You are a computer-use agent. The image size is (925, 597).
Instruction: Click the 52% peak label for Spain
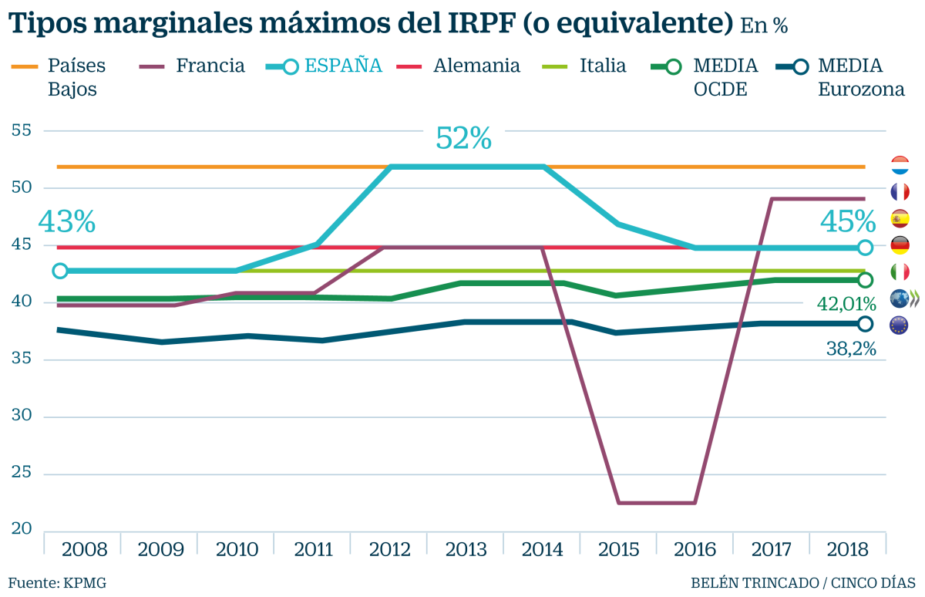pyautogui.click(x=463, y=139)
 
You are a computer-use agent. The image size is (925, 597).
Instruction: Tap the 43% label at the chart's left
pyautogui.click(x=66, y=222)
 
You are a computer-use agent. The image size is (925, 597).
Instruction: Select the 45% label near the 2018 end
pyautogui.click(x=847, y=222)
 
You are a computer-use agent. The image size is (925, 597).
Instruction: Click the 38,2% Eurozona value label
pyautogui.click(x=851, y=349)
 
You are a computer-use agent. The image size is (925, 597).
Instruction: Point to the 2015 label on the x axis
pyautogui.click(x=618, y=549)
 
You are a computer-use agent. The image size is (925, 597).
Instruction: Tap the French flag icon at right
pyautogui.click(x=899, y=192)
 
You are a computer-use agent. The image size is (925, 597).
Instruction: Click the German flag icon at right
pyautogui.click(x=899, y=245)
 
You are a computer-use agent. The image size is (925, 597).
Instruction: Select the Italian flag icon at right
pyautogui.click(x=899, y=272)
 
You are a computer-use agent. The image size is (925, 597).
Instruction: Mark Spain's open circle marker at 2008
pyautogui.click(x=60, y=271)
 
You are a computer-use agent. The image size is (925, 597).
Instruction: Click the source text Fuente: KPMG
pyautogui.click(x=57, y=582)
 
